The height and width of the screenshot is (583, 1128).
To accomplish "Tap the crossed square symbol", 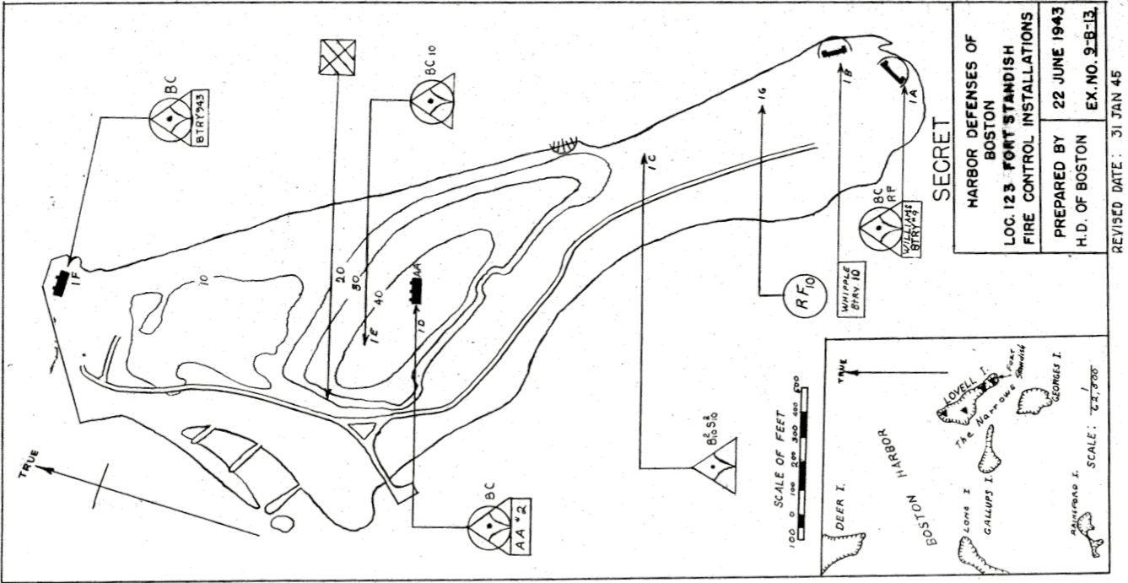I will click(x=338, y=58).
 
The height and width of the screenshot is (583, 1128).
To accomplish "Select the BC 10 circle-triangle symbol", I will click(x=433, y=100).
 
